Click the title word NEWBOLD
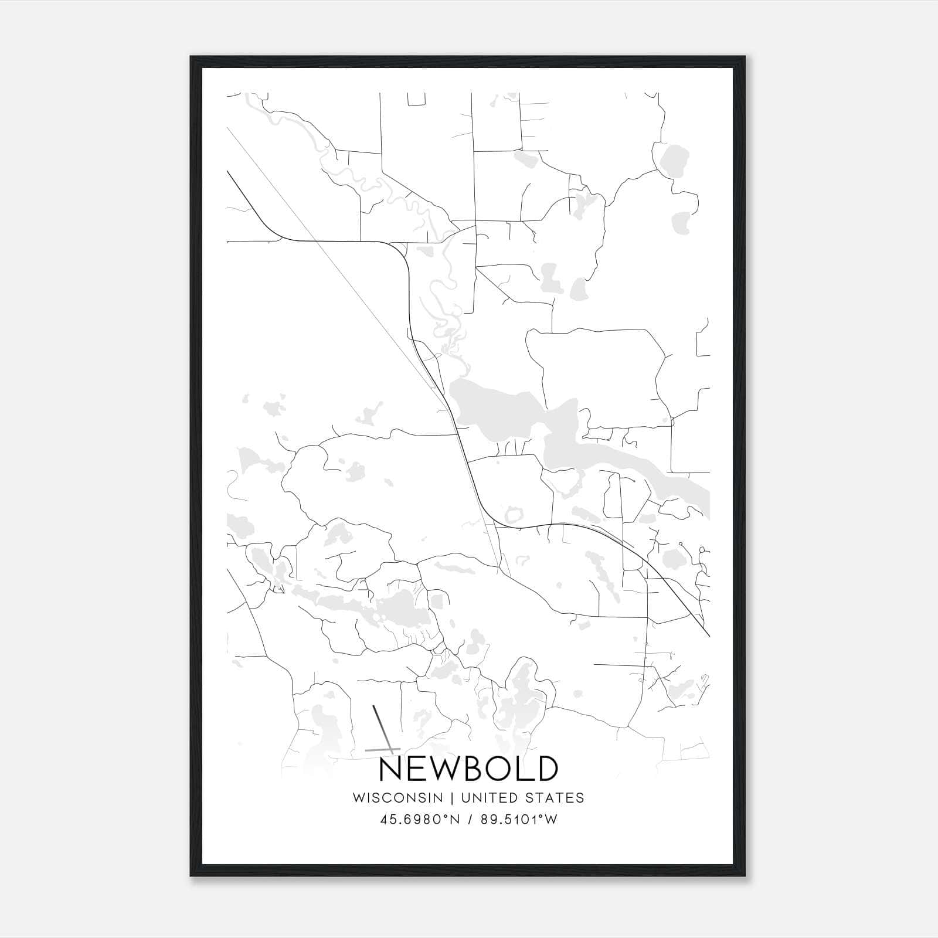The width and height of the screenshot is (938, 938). tap(468, 769)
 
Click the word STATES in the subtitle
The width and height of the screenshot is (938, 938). tap(554, 798)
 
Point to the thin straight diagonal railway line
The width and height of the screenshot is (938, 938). tap(328, 252)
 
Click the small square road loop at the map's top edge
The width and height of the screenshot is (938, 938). tap(416, 100)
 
